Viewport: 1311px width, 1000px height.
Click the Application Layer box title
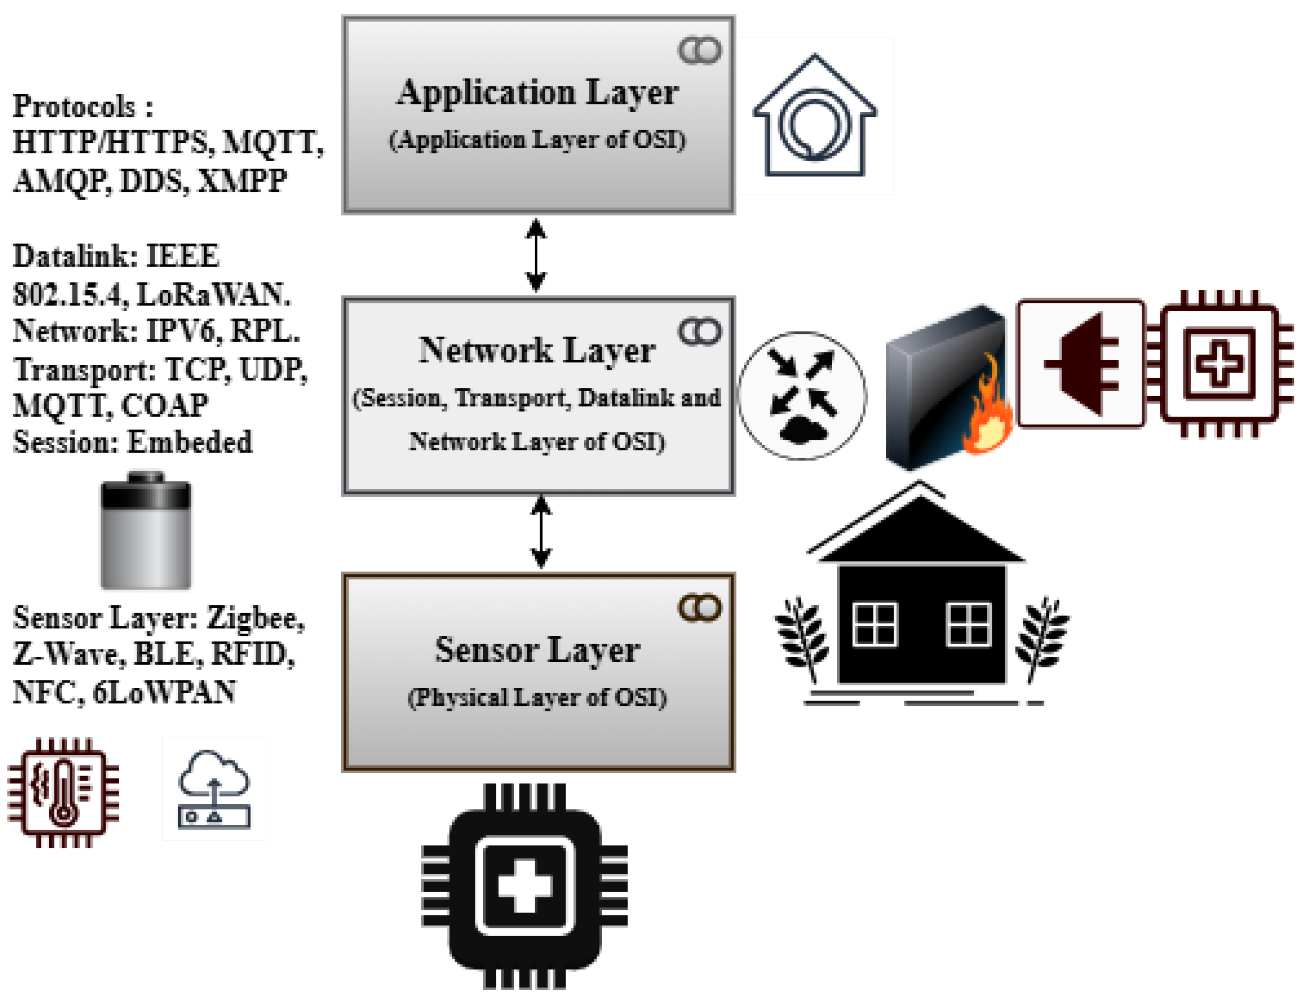pyautogui.click(x=537, y=92)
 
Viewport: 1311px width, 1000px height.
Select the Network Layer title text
pyautogui.click(x=537, y=350)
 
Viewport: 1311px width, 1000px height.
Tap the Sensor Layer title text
pyautogui.click(x=537, y=649)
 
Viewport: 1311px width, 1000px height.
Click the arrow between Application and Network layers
pyautogui.click(x=536, y=255)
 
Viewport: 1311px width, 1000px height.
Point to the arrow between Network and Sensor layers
pyautogui.click(x=541, y=532)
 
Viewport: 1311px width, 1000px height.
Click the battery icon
pyautogui.click(x=146, y=531)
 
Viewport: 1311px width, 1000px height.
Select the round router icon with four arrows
pyautogui.click(x=802, y=396)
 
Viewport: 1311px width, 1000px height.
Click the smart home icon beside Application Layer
pyautogui.click(x=815, y=116)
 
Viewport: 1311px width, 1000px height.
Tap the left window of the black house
pyautogui.click(x=874, y=624)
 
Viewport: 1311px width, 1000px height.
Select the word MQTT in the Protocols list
pyautogui.click(x=273, y=143)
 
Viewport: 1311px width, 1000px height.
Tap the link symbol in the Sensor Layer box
pyautogui.click(x=700, y=608)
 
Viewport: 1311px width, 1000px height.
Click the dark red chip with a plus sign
pyautogui.click(x=1219, y=364)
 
